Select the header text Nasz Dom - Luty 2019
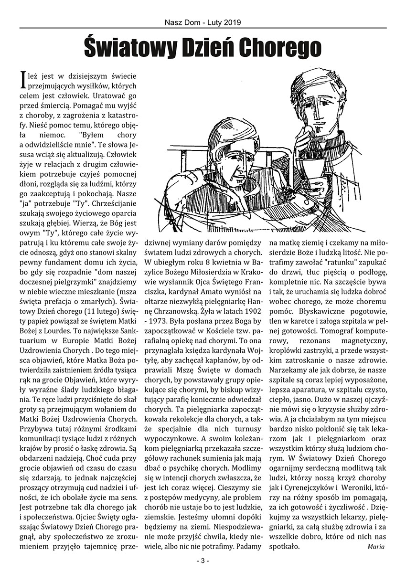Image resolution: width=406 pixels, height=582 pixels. pos(203,22)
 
